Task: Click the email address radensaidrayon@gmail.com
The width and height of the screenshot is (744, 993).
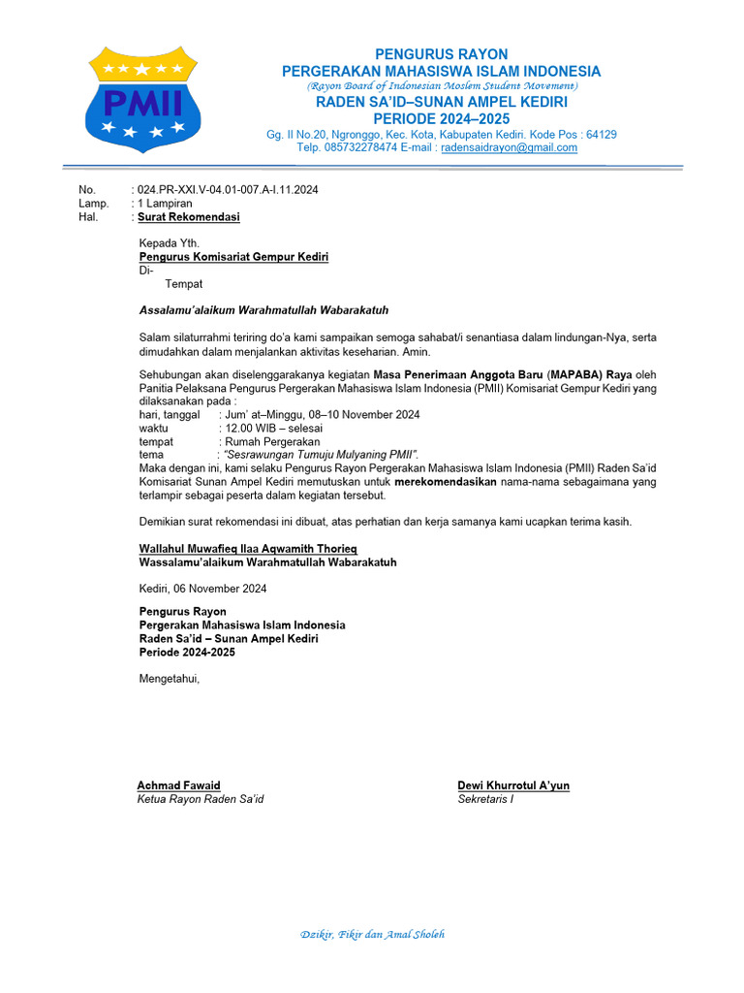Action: pyautogui.click(x=509, y=148)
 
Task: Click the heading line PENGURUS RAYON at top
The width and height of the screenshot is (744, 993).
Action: pyautogui.click(x=441, y=54)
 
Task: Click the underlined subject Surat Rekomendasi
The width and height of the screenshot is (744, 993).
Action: pyautogui.click(x=189, y=217)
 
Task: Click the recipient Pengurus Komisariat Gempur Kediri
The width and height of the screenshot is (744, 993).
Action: pyautogui.click(x=233, y=257)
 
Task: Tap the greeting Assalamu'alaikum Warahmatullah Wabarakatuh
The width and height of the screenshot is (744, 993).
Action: pyautogui.click(x=263, y=310)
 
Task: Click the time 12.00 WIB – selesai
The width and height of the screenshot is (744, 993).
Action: pyautogui.click(x=273, y=428)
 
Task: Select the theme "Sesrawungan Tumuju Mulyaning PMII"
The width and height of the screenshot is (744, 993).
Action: pyautogui.click(x=321, y=455)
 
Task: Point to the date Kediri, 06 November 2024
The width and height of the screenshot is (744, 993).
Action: pyautogui.click(x=202, y=589)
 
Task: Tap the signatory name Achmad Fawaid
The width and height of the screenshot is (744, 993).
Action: pyautogui.click(x=178, y=785)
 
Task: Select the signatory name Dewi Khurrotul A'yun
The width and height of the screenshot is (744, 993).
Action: pyautogui.click(x=513, y=785)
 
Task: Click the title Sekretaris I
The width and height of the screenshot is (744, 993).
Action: pyautogui.click(x=485, y=799)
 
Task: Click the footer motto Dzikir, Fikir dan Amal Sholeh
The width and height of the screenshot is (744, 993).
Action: pyautogui.click(x=372, y=935)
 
